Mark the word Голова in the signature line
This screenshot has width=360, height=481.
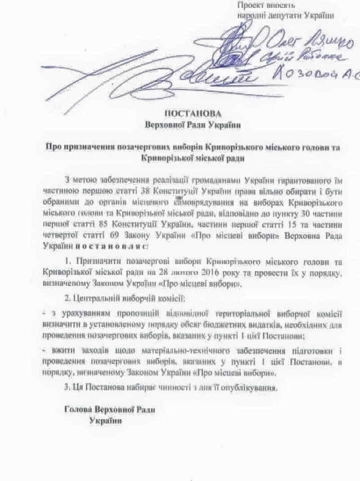(x=78, y=409)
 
